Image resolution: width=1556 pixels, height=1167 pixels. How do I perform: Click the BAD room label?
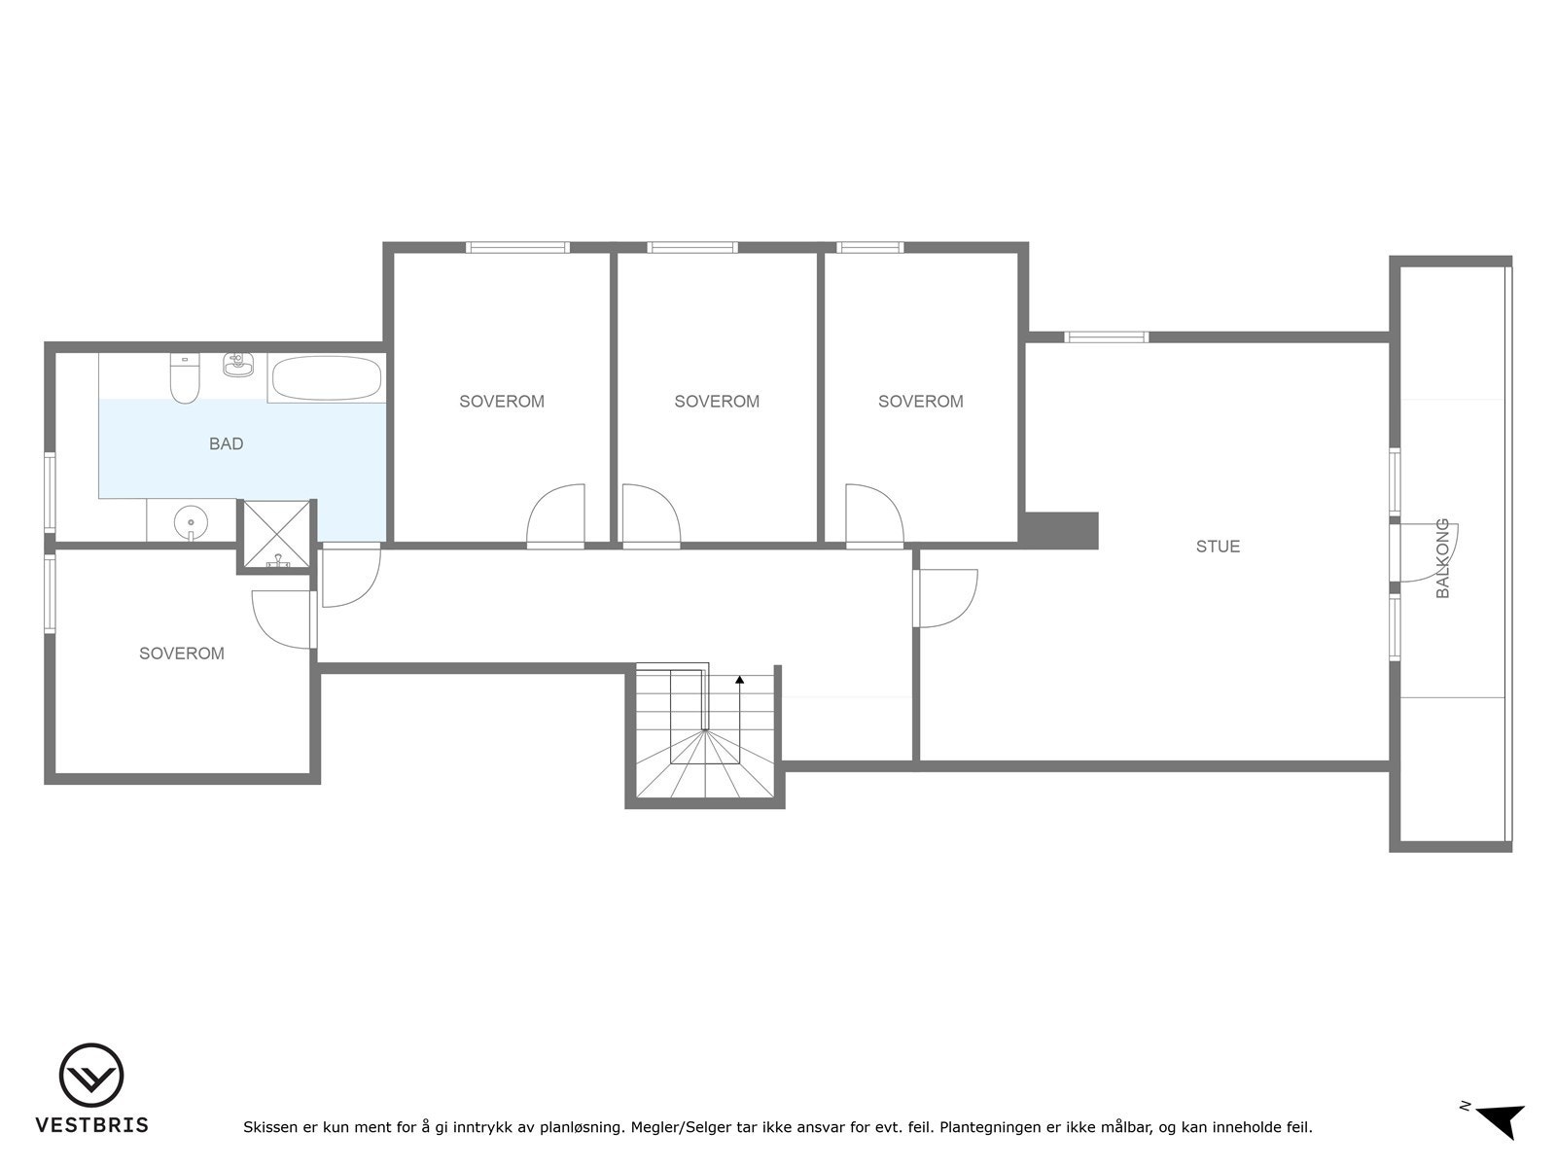pyautogui.click(x=226, y=443)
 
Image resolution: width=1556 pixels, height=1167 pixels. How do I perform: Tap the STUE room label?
pyautogui.click(x=1218, y=547)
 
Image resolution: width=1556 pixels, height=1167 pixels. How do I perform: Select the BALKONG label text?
pyautogui.click(x=1442, y=558)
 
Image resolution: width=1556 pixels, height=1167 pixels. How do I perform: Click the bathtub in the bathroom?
pyautogui.click(x=326, y=378)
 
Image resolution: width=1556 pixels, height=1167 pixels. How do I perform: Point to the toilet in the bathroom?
pyautogui.click(x=184, y=378)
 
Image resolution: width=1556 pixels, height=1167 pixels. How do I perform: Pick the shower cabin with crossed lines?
pyautogui.click(x=277, y=534)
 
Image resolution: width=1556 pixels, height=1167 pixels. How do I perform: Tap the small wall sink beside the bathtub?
pyautogui.click(x=236, y=365)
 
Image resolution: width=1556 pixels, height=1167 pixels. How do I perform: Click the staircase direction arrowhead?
pyautogui.click(x=740, y=680)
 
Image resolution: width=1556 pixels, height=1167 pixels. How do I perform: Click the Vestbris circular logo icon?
pyautogui.click(x=91, y=1076)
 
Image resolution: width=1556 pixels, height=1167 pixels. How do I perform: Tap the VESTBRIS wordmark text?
pyautogui.click(x=91, y=1125)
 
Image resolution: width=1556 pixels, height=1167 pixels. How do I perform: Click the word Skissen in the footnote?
pyautogui.click(x=269, y=1128)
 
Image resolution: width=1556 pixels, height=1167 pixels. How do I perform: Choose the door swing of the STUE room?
pyautogui.click(x=946, y=599)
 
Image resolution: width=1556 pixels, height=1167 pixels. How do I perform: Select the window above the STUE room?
pyautogui.click(x=1106, y=337)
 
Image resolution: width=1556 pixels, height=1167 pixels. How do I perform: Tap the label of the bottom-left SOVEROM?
pyautogui.click(x=182, y=654)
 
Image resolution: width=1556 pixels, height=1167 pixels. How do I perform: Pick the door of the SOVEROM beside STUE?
pyautogui.click(x=874, y=515)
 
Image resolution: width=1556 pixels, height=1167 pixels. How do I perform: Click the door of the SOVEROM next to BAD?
pyautogui.click(x=556, y=515)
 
